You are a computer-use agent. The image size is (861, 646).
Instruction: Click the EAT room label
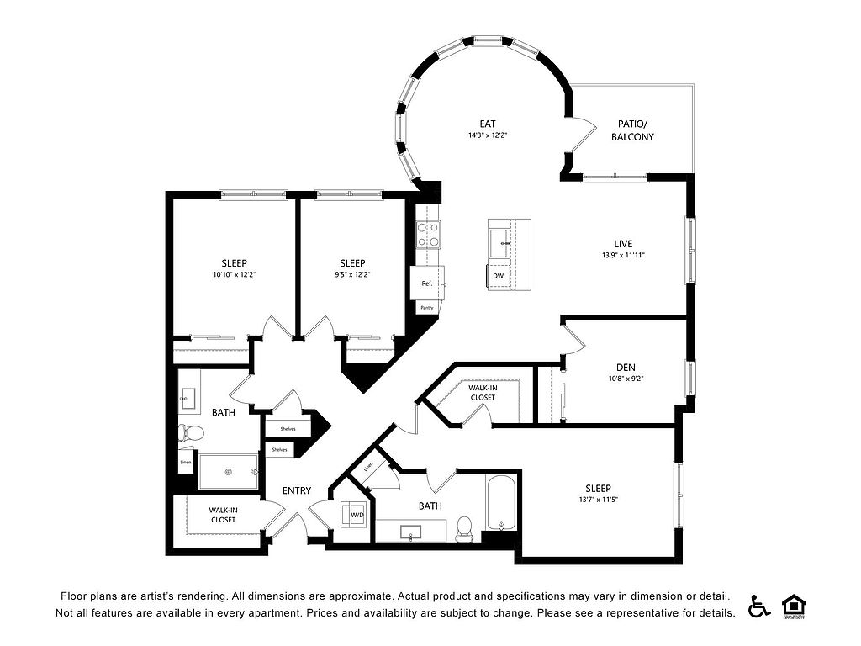(x=488, y=123)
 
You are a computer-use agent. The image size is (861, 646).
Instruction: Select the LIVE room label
(x=623, y=244)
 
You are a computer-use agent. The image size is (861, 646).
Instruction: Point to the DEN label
(x=625, y=366)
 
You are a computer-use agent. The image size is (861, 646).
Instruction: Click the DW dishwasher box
(x=498, y=276)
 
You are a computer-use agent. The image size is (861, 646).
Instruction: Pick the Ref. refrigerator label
(x=427, y=283)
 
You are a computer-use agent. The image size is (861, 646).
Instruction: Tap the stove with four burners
(x=428, y=233)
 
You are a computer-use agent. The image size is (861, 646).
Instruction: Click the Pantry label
(x=427, y=308)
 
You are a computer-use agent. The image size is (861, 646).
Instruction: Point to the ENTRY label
(x=297, y=491)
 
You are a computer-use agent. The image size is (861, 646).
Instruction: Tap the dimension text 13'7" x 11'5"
(x=599, y=500)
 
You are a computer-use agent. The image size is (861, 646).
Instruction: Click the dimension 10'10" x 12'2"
(x=235, y=274)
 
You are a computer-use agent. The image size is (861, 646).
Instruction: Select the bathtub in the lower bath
(x=502, y=505)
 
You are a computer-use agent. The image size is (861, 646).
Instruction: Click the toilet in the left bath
(x=193, y=434)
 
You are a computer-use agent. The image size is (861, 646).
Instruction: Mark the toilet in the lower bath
(x=463, y=527)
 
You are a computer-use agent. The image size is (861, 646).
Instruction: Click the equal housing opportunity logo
(x=793, y=605)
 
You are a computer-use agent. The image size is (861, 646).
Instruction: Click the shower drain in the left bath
(x=228, y=472)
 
